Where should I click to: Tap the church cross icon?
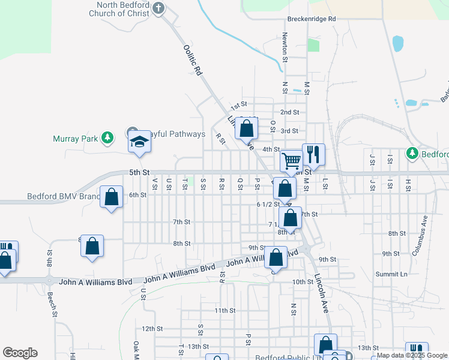[158, 8]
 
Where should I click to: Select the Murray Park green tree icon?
[107, 139]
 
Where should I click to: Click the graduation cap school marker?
[139, 142]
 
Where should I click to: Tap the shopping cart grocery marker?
[291, 160]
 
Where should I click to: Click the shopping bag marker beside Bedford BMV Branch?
[112, 197]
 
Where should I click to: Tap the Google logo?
[20, 353]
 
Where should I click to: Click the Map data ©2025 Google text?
[412, 355]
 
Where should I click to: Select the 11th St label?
[225, 310]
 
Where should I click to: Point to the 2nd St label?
[289, 112]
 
